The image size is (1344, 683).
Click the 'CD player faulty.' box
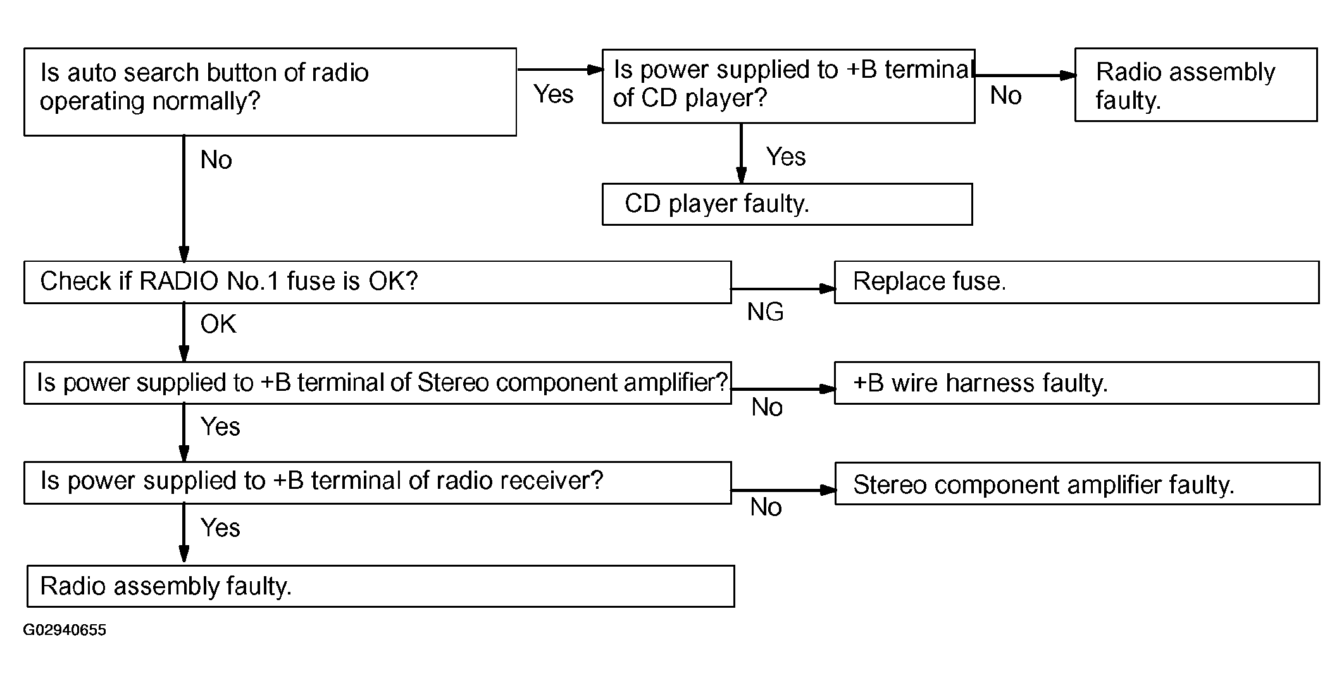pyautogui.click(x=787, y=204)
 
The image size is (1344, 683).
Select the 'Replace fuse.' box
pyautogui.click(x=1077, y=282)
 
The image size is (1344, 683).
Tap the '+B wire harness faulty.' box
pyautogui.click(x=1077, y=383)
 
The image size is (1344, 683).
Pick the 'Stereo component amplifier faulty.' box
pyautogui.click(x=1077, y=483)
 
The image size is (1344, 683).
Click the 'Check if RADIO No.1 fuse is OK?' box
pyautogui.click(x=378, y=282)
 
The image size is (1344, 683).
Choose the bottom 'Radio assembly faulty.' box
pyautogui.click(x=381, y=586)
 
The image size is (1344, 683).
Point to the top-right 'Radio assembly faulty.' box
pyautogui.click(x=1196, y=85)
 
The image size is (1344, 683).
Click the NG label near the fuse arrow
pyautogui.click(x=765, y=312)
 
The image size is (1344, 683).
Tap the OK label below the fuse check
pyautogui.click(x=218, y=324)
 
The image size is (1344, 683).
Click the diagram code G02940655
pyautogui.click(x=65, y=630)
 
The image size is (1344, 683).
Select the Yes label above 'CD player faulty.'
pyautogui.click(x=786, y=156)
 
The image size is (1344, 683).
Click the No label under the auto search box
pyautogui.click(x=216, y=160)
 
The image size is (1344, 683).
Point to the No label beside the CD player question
pyautogui.click(x=1006, y=95)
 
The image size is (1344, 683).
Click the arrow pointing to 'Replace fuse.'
pyautogui.click(x=783, y=289)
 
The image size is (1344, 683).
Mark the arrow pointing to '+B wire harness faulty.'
pyautogui.click(x=783, y=390)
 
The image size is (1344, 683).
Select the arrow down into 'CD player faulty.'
pyautogui.click(x=741, y=153)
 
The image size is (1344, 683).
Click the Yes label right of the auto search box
pyautogui.click(x=554, y=94)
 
